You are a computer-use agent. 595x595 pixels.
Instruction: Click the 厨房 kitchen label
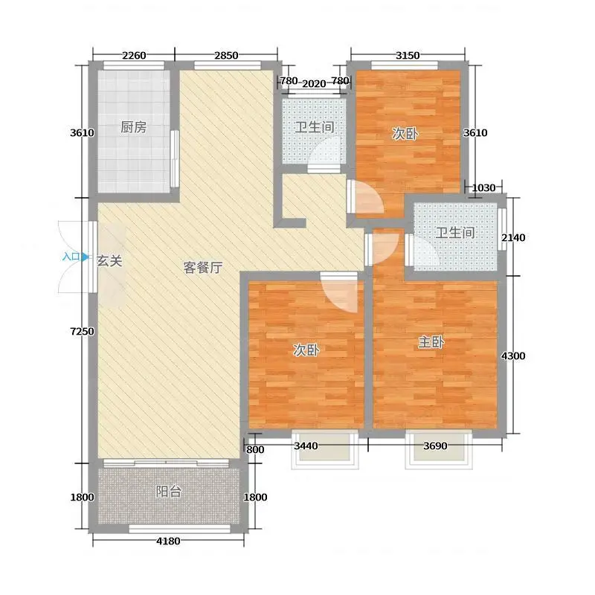134,127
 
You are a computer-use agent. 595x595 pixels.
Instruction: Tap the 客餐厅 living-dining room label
203,268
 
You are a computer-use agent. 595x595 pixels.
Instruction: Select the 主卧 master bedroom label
431,342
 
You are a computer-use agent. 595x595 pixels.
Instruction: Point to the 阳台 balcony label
169,492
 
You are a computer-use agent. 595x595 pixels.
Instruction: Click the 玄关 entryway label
109,261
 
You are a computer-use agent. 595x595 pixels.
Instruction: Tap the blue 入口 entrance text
71,257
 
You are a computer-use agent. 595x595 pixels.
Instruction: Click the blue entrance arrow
86,257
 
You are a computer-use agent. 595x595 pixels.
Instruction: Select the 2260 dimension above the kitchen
134,56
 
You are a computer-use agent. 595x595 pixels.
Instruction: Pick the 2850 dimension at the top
226,56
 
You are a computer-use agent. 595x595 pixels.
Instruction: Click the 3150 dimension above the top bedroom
408,56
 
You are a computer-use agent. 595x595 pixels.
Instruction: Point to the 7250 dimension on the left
83,331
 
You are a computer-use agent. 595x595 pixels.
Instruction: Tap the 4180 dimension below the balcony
168,541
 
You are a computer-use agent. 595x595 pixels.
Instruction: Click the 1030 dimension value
483,188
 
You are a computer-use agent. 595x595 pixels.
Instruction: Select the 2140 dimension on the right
513,238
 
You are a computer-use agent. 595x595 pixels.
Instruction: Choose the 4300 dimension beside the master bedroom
513,356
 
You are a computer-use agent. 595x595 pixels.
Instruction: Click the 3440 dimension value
306,446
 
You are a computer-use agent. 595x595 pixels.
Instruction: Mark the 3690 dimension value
435,446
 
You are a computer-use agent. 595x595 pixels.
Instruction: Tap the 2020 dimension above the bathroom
314,83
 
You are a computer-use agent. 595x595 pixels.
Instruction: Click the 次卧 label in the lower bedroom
306,350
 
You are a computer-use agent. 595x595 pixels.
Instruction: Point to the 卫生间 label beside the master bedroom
455,233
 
